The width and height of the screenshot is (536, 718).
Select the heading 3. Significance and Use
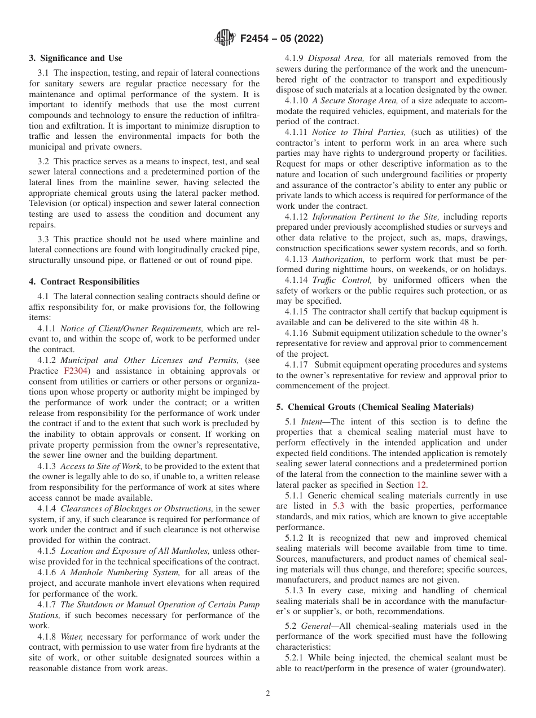(76, 58)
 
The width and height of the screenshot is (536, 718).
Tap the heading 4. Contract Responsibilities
(84, 282)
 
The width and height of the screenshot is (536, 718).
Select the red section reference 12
(422, 484)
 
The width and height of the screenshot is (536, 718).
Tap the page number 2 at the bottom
(268, 694)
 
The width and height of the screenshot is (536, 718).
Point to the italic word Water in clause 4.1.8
(71, 637)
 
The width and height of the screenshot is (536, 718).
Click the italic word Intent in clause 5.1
(311, 422)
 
